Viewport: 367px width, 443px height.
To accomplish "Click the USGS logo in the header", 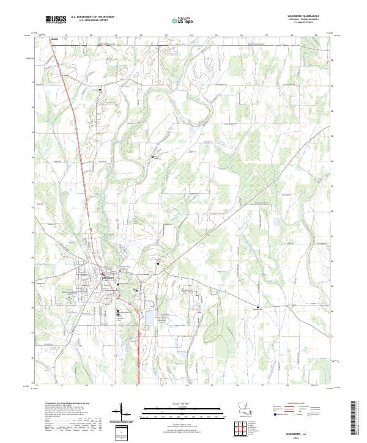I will click(x=56, y=20).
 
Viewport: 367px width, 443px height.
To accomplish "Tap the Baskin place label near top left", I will click(x=54, y=38).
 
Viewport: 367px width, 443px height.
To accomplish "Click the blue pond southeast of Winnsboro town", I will click(x=149, y=318).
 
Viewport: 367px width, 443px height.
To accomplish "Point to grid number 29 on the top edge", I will click(x=316, y=36).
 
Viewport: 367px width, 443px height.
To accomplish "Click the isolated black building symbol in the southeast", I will click(x=258, y=307).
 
